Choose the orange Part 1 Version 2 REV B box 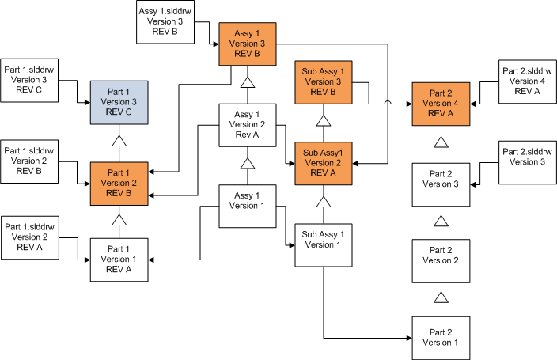pos(119,182)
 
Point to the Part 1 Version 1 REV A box pos(119,259)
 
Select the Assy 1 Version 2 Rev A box pos(248,123)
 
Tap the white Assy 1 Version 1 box pos(248,205)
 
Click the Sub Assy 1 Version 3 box pos(323,81)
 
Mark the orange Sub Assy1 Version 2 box pos(323,162)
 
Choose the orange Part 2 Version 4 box pos(441,103)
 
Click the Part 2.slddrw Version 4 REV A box pos(526,81)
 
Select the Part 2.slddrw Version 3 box pos(526,161)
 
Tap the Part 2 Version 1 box pos(441,336)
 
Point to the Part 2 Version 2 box pos(441,259)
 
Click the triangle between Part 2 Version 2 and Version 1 pos(441,297)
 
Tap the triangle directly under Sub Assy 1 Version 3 pos(323,121)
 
